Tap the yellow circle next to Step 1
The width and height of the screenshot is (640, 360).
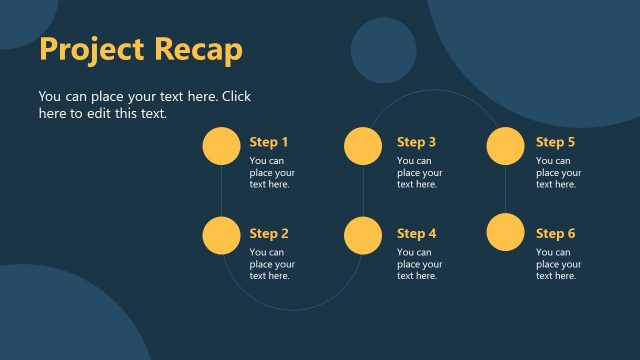[x=221, y=146]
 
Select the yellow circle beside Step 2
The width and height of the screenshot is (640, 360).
[x=221, y=234]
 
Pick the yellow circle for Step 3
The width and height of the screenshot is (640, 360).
[x=363, y=146]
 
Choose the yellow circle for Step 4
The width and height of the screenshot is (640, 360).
[x=363, y=234]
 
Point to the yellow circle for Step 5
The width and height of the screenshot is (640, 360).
[x=506, y=146]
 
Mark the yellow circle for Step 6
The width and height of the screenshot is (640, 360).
[x=506, y=234]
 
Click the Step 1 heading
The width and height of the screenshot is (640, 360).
[x=269, y=142]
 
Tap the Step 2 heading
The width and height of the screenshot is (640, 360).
[x=269, y=234]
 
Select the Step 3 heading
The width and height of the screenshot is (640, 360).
[x=416, y=142]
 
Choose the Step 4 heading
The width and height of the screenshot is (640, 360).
[x=416, y=234]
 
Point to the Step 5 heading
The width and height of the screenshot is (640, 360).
[x=555, y=142]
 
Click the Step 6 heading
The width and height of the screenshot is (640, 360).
[x=555, y=234]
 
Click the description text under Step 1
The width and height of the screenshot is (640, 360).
[x=271, y=172]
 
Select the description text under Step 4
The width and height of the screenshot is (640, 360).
[x=419, y=264]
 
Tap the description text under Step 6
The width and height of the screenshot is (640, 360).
[x=558, y=264]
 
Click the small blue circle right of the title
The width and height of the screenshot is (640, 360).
[x=383, y=50]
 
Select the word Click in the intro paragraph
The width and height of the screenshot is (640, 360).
[x=236, y=97]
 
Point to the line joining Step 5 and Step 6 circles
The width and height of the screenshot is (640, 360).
[x=506, y=190]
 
